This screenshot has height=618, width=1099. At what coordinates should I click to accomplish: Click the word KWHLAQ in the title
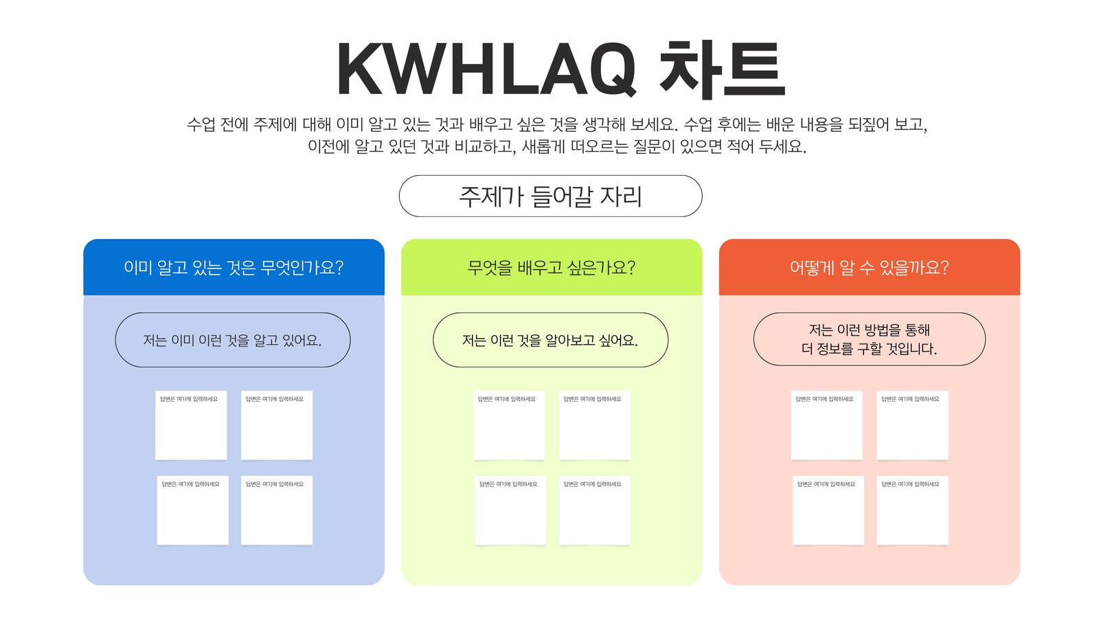pyautogui.click(x=487, y=69)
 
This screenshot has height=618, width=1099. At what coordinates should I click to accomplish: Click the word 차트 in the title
pyautogui.click(x=722, y=69)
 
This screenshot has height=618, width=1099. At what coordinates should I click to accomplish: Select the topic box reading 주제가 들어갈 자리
pyautogui.click(x=550, y=196)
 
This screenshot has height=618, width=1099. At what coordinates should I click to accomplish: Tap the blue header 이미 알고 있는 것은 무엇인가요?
pyautogui.click(x=234, y=267)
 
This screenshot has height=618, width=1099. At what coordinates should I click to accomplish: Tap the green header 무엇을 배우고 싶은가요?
pyautogui.click(x=552, y=267)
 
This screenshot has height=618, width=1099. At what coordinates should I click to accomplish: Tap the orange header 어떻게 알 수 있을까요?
pyautogui.click(x=870, y=267)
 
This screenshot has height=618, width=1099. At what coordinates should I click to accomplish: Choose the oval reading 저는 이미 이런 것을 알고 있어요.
pyautogui.click(x=233, y=340)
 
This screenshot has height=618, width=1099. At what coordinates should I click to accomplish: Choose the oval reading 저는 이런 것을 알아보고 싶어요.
pyautogui.click(x=550, y=340)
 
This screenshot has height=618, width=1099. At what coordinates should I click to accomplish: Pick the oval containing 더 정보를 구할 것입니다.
pyautogui.click(x=870, y=339)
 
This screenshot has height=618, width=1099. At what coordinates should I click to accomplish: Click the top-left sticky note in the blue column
pyautogui.click(x=191, y=425)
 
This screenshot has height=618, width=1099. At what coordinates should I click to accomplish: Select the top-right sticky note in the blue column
pyautogui.click(x=277, y=425)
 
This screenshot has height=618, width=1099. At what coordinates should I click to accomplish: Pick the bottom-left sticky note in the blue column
pyautogui.click(x=193, y=510)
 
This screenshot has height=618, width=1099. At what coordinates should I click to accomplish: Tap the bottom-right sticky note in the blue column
pyautogui.click(x=277, y=510)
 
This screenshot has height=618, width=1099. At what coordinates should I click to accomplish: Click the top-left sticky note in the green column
pyautogui.click(x=509, y=425)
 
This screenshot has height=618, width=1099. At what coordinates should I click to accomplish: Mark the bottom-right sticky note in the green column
pyautogui.click(x=595, y=510)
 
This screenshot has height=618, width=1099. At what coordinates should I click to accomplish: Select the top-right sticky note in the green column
pyautogui.click(x=595, y=425)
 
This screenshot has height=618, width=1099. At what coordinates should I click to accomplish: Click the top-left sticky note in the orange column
pyautogui.click(x=827, y=425)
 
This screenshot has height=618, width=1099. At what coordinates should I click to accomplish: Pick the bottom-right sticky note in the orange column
pyautogui.click(x=913, y=510)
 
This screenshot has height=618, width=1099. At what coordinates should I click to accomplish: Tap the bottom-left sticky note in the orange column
pyautogui.click(x=828, y=510)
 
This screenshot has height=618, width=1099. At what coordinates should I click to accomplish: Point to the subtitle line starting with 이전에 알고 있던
pyautogui.click(x=557, y=146)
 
